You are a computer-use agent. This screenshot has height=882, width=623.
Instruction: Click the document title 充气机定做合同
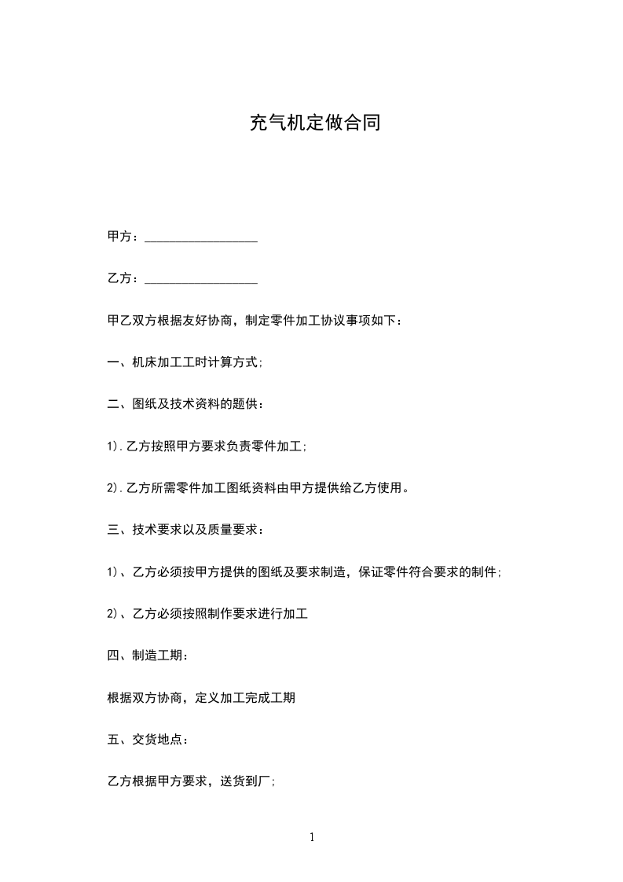314,123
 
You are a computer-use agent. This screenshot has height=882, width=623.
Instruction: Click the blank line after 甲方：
201,237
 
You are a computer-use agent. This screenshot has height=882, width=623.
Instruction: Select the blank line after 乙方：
201,279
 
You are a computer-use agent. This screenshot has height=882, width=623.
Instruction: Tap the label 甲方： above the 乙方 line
124,237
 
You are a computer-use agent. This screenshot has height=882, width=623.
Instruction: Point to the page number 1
312,837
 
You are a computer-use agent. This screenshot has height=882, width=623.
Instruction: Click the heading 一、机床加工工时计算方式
185,362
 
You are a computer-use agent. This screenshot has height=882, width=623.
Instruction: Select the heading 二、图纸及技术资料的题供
185,404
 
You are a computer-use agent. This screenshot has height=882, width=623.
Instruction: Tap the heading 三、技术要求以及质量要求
185,530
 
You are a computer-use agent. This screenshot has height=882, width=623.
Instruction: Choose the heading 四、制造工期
147,656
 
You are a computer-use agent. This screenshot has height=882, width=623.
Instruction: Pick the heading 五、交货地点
147,739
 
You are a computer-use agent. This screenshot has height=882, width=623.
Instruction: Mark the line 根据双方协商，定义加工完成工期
200,697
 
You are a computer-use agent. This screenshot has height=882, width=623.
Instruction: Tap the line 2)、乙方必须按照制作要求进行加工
207,613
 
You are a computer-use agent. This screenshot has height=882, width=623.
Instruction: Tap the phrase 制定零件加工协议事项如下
323,321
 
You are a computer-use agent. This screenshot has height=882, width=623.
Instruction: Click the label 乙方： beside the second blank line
124,278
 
